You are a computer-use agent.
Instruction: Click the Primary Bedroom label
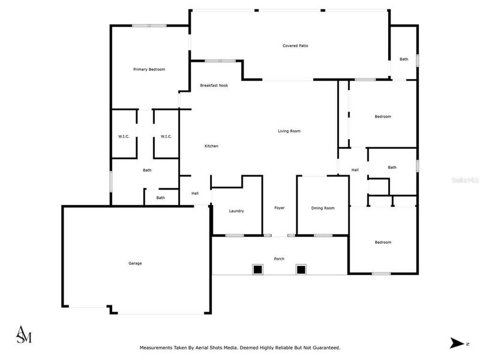click(149, 70)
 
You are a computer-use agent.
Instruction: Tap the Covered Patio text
click(295, 46)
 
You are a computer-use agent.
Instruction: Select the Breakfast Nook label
click(214, 85)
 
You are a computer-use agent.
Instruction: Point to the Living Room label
click(289, 131)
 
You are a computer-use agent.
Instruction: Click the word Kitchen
click(211, 146)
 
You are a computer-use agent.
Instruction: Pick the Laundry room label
click(236, 211)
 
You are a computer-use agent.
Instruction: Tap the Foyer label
click(280, 208)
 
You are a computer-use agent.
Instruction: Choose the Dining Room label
click(323, 208)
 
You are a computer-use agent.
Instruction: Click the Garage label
click(135, 263)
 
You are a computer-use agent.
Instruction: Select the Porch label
click(279, 259)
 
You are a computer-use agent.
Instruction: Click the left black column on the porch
click(257, 270)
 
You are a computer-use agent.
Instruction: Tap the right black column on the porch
click(301, 270)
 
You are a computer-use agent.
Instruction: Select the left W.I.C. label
click(124, 136)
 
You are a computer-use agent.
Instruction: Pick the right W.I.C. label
click(166, 136)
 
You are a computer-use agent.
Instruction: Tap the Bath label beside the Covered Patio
click(404, 59)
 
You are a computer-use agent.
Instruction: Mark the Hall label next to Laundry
click(195, 193)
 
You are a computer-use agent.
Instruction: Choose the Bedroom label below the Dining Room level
click(383, 242)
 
